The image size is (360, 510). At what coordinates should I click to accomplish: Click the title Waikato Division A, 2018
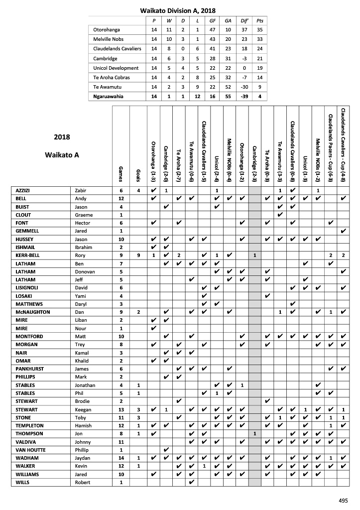[177, 10]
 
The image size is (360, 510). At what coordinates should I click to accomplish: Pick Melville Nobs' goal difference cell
[244, 39]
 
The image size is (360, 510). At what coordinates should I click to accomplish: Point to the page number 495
[343, 501]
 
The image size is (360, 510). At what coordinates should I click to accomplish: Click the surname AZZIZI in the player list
[24, 190]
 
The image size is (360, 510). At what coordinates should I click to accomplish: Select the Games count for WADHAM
[120, 458]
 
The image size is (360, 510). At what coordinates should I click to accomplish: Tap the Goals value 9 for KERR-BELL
[138, 255]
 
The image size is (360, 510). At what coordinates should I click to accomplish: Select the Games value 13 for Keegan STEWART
[120, 409]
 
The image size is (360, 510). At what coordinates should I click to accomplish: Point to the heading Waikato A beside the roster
[62, 154]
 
